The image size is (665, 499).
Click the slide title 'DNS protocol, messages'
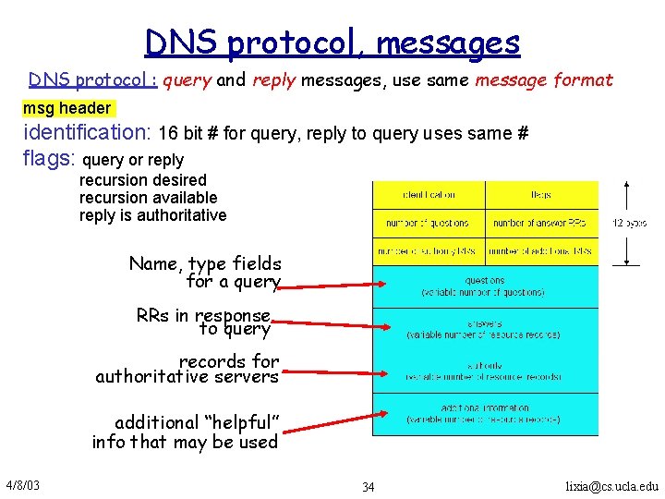pyautogui.click(x=332, y=43)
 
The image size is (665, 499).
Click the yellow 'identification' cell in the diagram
pyautogui.click(x=429, y=195)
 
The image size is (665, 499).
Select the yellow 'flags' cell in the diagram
pyautogui.click(x=541, y=195)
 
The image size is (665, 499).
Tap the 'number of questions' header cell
pyautogui.click(x=429, y=223)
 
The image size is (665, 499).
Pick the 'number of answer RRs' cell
pyautogui.click(x=541, y=223)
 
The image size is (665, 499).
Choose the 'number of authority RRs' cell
pyautogui.click(x=429, y=250)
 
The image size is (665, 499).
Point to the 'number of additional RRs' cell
pyautogui.click(x=541, y=250)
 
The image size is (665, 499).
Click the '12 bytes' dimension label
pyautogui.click(x=629, y=223)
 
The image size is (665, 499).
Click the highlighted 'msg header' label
pyautogui.click(x=66, y=108)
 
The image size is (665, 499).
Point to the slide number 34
pyautogui.click(x=369, y=486)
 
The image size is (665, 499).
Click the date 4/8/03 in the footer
pyautogui.click(x=21, y=485)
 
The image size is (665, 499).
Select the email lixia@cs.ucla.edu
pyautogui.click(x=612, y=486)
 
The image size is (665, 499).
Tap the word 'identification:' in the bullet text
pyautogui.click(x=88, y=133)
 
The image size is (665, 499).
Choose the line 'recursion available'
pyautogui.click(x=149, y=198)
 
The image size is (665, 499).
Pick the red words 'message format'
pyautogui.click(x=543, y=80)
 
